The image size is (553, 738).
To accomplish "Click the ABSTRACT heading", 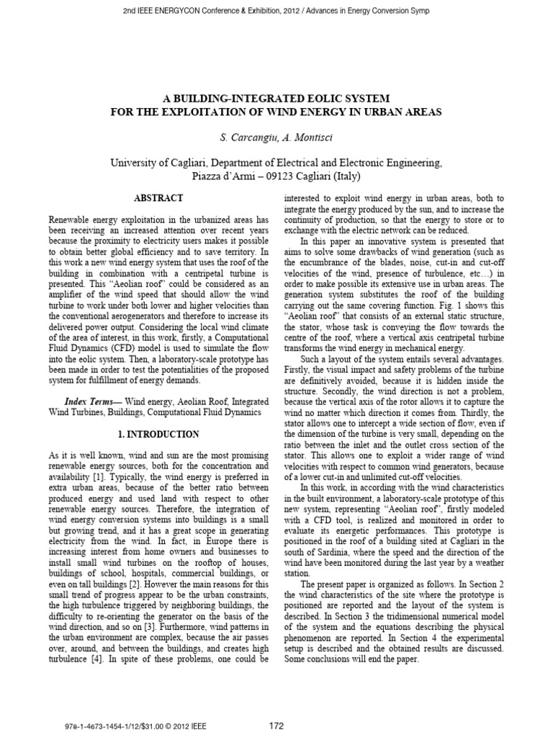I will tap(159, 197).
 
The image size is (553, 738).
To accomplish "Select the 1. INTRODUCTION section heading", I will tap(158, 435).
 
